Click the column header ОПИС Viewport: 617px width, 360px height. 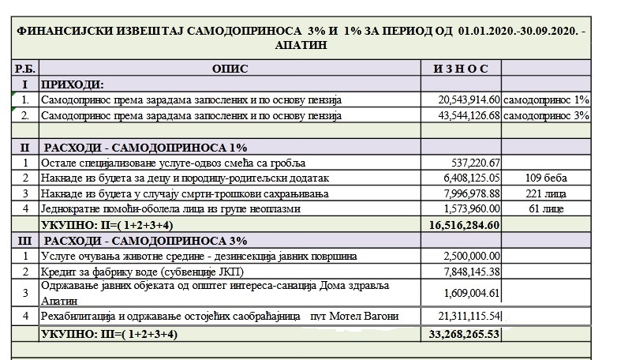pos(230,69)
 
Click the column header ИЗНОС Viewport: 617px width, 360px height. pos(461,69)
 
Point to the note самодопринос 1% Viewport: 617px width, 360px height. pos(546,100)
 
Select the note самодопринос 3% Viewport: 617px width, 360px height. pos(546,116)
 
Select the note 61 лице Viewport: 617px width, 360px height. pos(546,209)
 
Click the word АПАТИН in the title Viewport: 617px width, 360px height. pos(303,46)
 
